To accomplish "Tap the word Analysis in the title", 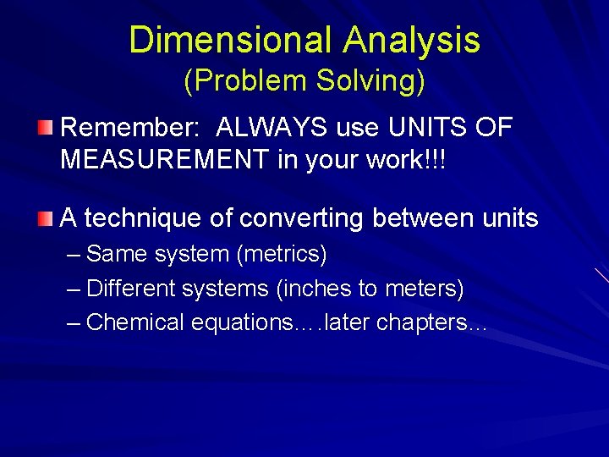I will [x=412, y=40].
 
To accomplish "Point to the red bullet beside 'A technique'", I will [x=46, y=219].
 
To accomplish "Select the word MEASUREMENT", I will [x=165, y=160].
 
